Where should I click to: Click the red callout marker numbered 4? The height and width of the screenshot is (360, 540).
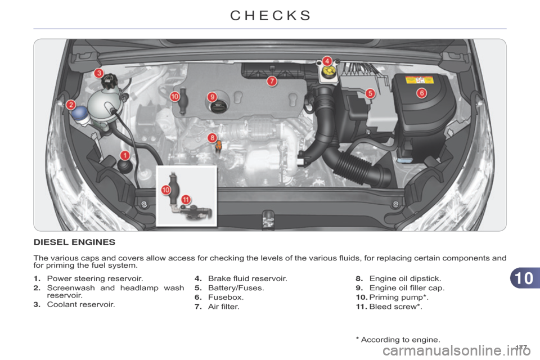pos(327,61)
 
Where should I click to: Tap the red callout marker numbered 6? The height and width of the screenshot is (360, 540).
pos(421,93)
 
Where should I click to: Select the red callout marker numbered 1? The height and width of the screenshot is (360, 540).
pos(125,155)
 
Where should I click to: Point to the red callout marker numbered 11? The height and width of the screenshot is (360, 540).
pos(186,200)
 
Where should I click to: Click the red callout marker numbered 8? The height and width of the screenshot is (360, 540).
pos(213,138)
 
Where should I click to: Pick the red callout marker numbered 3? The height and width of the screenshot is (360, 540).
pos(99,73)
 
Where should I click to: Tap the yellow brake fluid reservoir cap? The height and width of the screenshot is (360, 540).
pos(329,71)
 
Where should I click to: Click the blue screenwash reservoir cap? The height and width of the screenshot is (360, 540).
pos(80,112)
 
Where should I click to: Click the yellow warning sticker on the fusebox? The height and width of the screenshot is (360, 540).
pos(419,80)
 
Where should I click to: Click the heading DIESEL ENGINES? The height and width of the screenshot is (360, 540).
pos(74,242)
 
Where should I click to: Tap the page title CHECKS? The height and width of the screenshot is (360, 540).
pos(271,16)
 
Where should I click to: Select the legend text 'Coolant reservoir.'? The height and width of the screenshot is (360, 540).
pos(81,304)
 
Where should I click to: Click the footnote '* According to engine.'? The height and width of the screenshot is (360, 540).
pos(398,340)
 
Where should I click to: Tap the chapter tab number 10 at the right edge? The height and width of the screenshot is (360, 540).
pos(524,278)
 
